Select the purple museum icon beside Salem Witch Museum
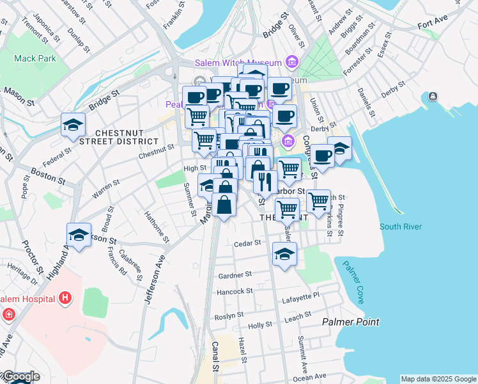pyautogui.click(x=293, y=62)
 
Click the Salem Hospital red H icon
pyautogui.click(x=65, y=298)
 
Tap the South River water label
pyautogui.click(x=400, y=227)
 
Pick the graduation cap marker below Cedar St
pyautogui.click(x=284, y=253)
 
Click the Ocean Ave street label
pyautogui.click(x=310, y=377)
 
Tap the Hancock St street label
pyautogui.click(x=236, y=291)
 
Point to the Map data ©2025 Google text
pyautogui.click(x=438, y=379)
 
